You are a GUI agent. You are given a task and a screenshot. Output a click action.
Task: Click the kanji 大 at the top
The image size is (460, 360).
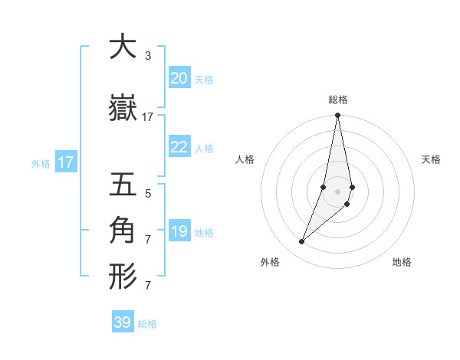click(x=123, y=47)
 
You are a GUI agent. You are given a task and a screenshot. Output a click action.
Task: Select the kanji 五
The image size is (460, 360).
click(x=123, y=186)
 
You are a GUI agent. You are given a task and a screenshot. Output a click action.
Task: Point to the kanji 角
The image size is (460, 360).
click(x=123, y=230)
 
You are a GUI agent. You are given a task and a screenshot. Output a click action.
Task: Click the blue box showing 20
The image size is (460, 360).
click(x=179, y=78)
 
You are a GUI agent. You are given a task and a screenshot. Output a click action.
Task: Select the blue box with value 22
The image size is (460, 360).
click(x=179, y=147)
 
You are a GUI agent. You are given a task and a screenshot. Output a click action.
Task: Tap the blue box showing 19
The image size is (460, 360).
click(x=179, y=232)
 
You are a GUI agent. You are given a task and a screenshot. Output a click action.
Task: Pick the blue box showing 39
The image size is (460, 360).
click(x=123, y=322)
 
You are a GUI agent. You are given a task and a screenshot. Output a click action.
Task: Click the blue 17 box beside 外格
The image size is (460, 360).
click(x=65, y=162)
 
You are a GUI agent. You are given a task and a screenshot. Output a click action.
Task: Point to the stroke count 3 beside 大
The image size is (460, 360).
click(x=147, y=56)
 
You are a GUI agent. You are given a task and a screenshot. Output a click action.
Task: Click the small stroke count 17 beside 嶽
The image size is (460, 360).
click(x=148, y=117)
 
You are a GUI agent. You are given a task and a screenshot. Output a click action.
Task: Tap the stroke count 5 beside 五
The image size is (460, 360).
click(x=147, y=194)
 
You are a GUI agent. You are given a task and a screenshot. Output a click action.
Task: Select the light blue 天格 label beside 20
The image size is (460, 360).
click(x=203, y=80)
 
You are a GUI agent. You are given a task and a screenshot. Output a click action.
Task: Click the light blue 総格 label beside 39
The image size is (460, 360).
click(x=147, y=324)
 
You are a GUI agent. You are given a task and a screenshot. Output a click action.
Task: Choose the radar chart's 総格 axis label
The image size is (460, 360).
click(x=337, y=100)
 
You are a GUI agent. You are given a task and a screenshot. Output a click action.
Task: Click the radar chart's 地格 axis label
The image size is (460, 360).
click(x=402, y=262)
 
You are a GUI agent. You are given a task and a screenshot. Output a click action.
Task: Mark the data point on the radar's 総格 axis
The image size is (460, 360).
click(x=337, y=116)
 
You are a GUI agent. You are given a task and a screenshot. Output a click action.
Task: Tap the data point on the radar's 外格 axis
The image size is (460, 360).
click(x=301, y=242)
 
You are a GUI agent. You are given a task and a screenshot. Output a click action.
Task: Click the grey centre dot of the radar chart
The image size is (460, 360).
click(x=337, y=191)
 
